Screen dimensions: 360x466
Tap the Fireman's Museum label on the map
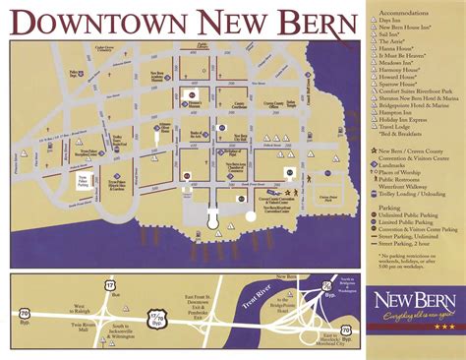[x=195, y=101]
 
